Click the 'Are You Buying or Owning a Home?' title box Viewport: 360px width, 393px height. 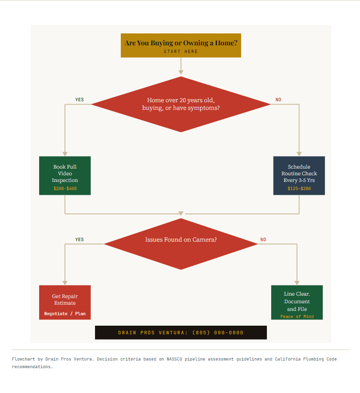(x=180, y=43)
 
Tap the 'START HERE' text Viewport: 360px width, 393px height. (x=180, y=52)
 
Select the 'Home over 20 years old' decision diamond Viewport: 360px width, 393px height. (x=180, y=104)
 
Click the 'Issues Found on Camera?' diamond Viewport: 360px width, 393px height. (x=180, y=244)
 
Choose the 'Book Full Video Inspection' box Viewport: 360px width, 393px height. (x=65, y=174)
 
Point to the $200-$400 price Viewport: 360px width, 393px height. (x=65, y=189)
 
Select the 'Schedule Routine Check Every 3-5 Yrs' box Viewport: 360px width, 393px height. (x=299, y=174)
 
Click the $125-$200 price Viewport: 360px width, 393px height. (x=299, y=189)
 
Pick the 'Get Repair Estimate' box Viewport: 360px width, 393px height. (x=65, y=300)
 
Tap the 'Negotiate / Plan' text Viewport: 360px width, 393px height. (x=65, y=314)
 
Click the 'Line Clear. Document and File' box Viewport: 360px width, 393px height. (x=296, y=301)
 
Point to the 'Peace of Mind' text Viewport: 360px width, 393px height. (x=296, y=317)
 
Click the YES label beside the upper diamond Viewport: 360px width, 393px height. (x=79, y=100)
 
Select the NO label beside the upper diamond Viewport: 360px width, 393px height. (x=278, y=100)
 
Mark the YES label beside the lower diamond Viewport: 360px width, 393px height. (x=79, y=240)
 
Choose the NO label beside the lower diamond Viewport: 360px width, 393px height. (x=263, y=240)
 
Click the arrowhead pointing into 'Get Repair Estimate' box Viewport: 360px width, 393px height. (x=65, y=283)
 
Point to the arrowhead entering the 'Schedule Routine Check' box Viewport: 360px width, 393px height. (x=299, y=154)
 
